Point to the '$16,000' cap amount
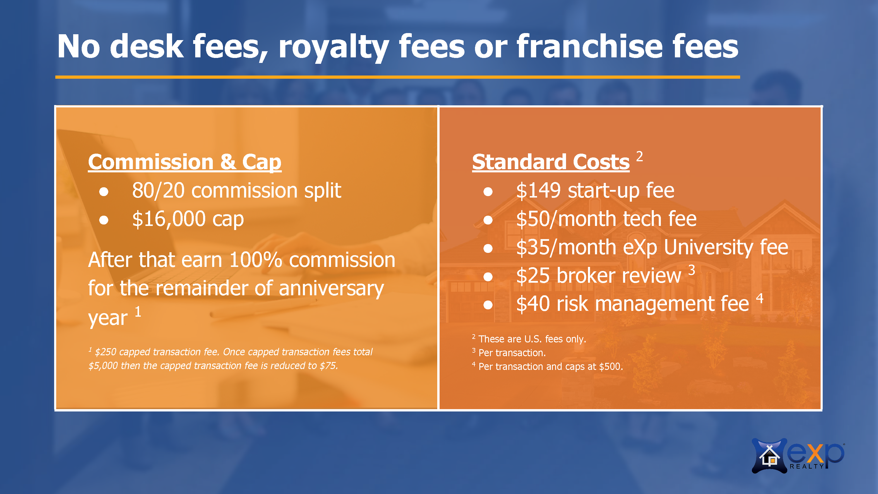click(x=169, y=219)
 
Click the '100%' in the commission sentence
click(x=255, y=260)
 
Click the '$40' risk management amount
click(x=533, y=304)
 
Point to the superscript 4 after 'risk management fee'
click(x=759, y=298)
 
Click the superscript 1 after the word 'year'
click(x=138, y=311)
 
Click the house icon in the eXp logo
click(x=769, y=456)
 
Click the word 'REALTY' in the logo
click(x=806, y=466)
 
